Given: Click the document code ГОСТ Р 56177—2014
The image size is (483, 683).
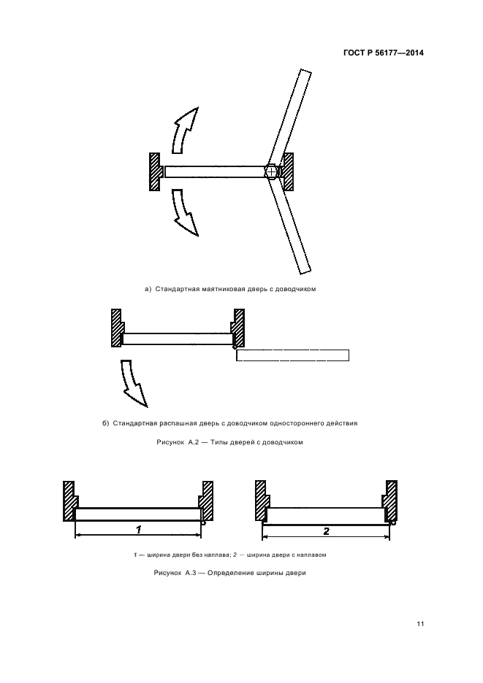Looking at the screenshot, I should click(x=384, y=53).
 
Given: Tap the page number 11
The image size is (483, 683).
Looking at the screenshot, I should click(x=420, y=624).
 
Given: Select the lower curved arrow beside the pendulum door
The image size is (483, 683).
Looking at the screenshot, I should click(x=183, y=212).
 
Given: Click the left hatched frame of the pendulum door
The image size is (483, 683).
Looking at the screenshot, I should click(x=156, y=171).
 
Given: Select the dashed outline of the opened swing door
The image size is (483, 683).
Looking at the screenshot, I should click(x=293, y=355).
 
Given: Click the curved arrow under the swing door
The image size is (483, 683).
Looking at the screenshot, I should click(x=131, y=381).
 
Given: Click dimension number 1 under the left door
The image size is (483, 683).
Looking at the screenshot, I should click(x=139, y=529).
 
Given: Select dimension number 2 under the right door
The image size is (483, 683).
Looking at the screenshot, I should click(x=326, y=531).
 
